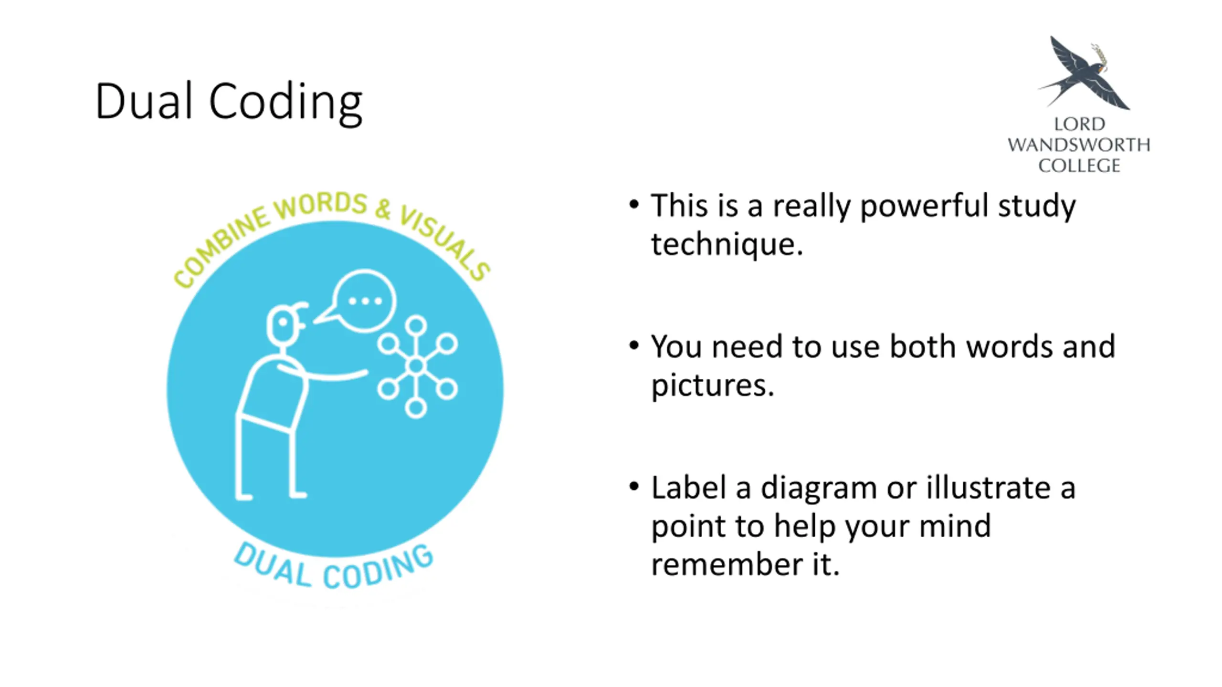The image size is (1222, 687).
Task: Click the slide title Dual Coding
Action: point(229,101)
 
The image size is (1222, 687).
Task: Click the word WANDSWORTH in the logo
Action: point(1079,145)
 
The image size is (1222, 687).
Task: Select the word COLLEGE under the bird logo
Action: point(1079,166)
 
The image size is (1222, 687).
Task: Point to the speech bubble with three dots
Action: point(364,301)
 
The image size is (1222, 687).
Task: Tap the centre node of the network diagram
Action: point(416,366)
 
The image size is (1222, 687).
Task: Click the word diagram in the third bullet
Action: point(818,488)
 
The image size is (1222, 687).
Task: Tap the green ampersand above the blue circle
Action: point(382,208)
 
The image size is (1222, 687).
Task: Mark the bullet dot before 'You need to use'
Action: point(634,345)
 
